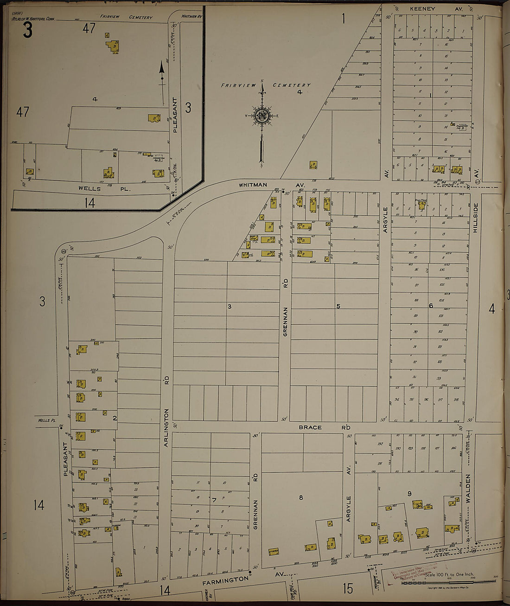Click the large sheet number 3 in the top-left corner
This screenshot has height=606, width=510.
coord(28,31)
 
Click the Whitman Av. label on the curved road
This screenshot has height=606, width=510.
coord(253,185)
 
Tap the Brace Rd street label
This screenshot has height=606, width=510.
coord(324,427)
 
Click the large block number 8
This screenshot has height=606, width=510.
coord(300,497)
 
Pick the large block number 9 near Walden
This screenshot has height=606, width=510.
coord(409,493)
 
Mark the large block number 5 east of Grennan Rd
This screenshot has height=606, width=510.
coord(338,306)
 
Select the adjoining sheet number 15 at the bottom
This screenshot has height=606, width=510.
coord(348,588)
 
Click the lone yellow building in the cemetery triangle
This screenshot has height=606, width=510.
coord(313,165)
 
